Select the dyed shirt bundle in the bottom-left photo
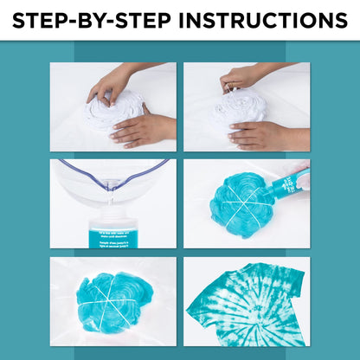point(113,299)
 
